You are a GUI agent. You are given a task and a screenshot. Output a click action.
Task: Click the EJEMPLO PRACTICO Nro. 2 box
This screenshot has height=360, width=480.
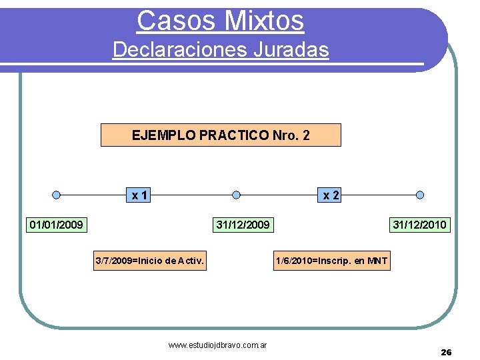[x=221, y=135]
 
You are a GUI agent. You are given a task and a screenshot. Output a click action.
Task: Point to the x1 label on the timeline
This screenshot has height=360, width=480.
[x=140, y=195]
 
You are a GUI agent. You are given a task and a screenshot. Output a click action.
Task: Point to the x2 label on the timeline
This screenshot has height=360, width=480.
[x=331, y=195]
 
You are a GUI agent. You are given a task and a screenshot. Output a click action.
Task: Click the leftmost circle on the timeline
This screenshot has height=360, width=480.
[x=57, y=195]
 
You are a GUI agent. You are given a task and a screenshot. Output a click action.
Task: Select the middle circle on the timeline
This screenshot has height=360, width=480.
[x=237, y=195]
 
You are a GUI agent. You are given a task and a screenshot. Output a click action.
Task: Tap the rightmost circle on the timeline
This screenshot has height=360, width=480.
[x=420, y=195]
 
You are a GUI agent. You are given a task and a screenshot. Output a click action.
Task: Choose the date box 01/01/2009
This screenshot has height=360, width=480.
[x=57, y=225]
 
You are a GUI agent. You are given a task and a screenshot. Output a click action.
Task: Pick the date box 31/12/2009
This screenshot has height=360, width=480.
[x=243, y=225]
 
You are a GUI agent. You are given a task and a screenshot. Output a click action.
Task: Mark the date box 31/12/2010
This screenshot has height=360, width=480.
[x=420, y=225]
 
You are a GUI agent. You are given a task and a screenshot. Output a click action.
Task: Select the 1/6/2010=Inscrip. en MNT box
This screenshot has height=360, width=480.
[x=331, y=261]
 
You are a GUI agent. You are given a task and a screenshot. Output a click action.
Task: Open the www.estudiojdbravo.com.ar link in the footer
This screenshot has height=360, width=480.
[x=218, y=345]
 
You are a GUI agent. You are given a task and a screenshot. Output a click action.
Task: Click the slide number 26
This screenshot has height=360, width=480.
[x=446, y=352]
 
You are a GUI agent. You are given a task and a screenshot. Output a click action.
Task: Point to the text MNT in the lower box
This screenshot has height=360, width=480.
[x=377, y=261]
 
